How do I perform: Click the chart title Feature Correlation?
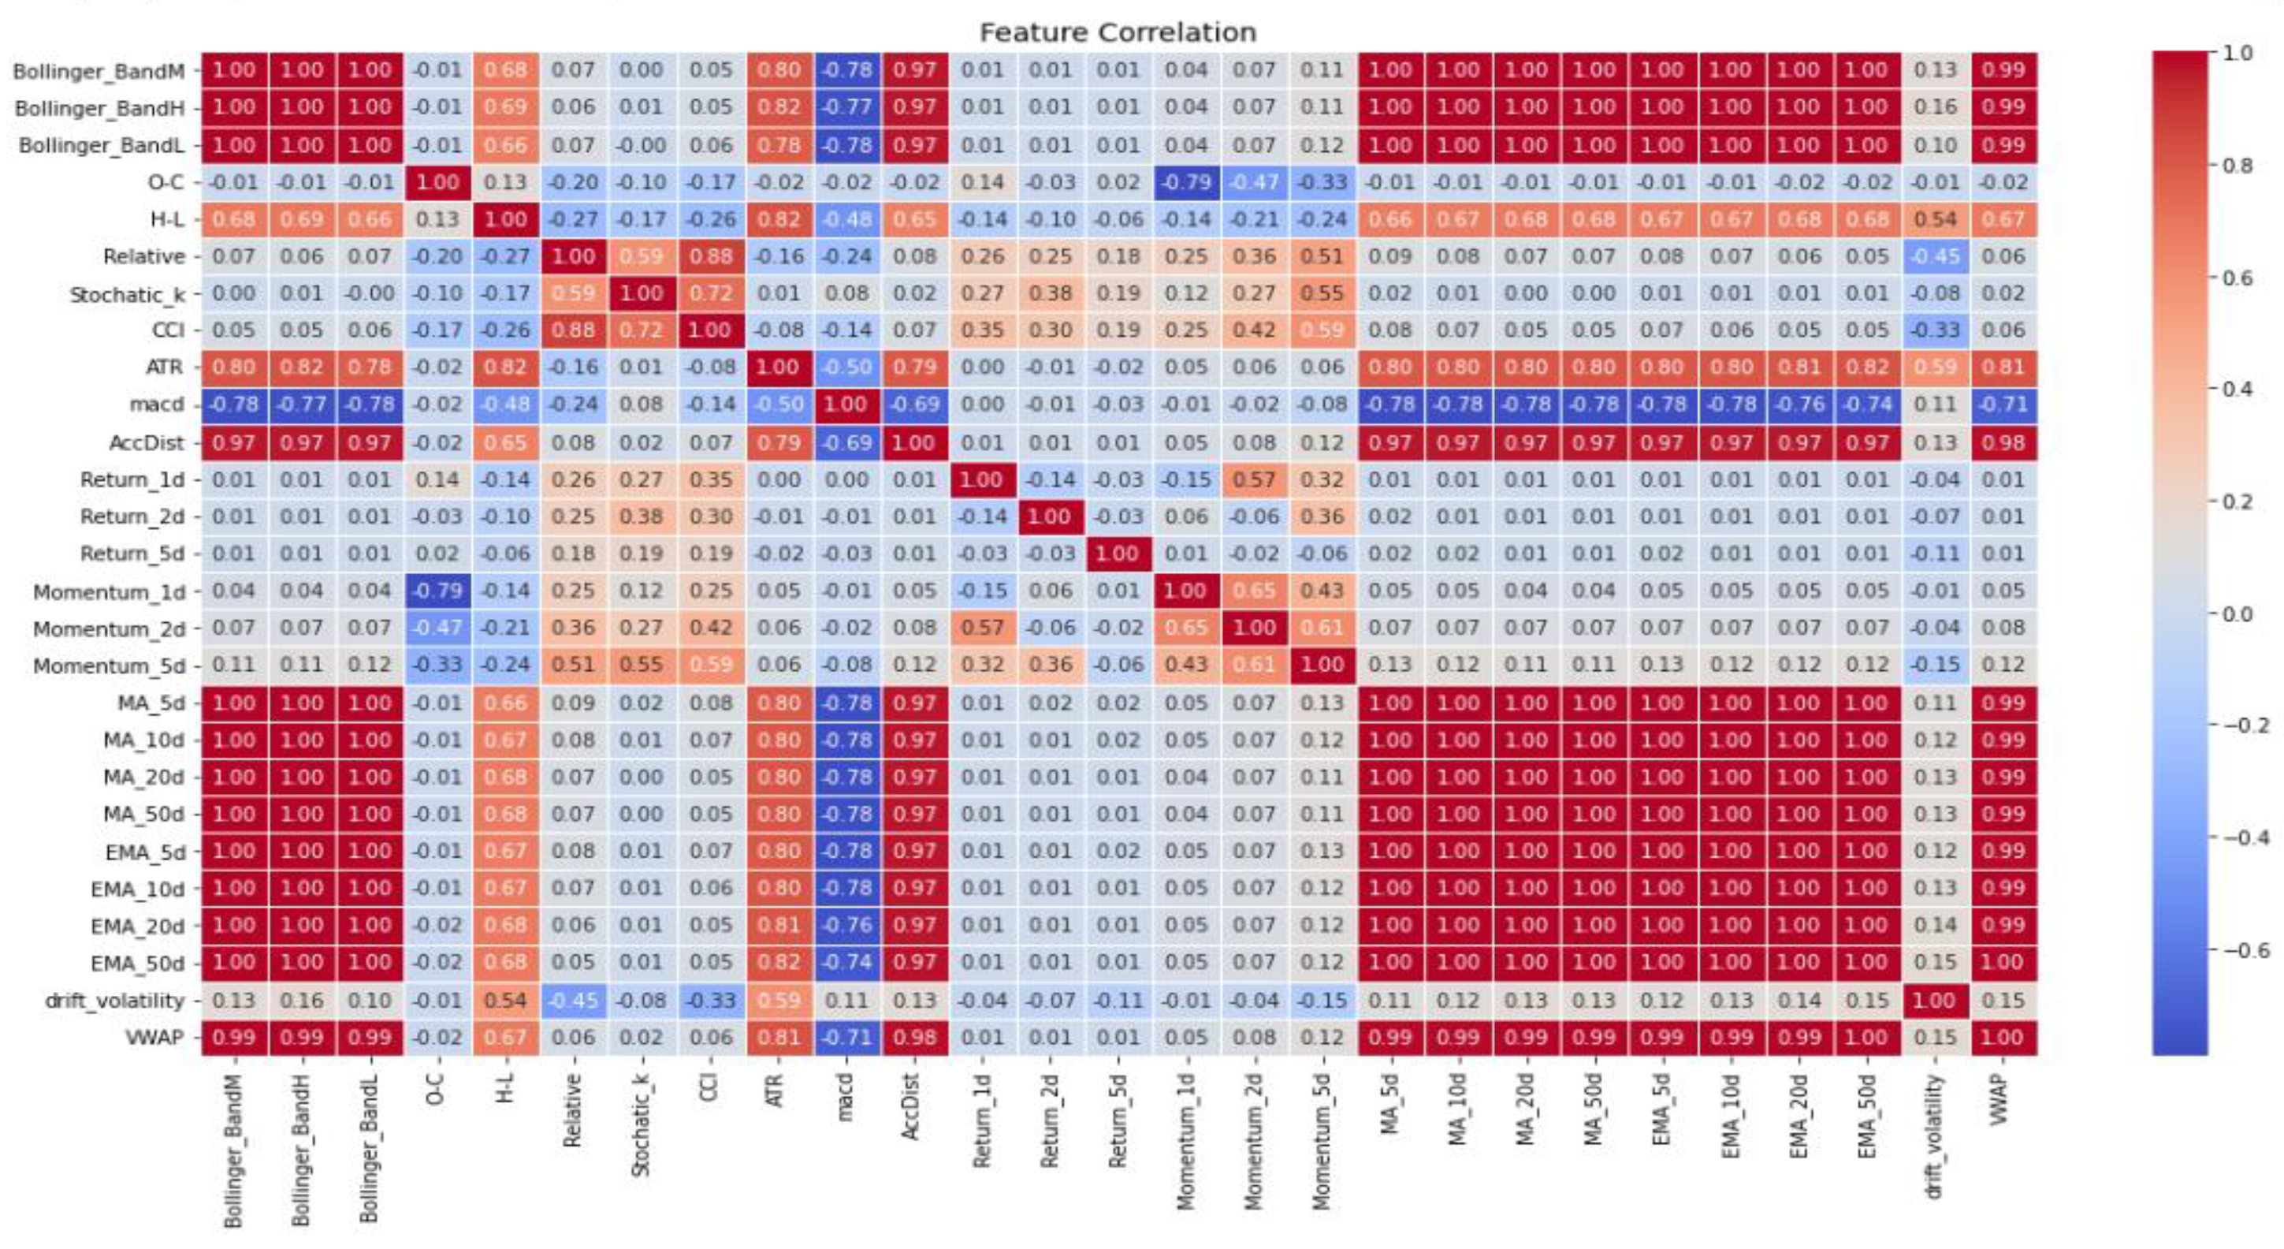(1118, 33)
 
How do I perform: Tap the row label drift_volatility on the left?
(114, 1001)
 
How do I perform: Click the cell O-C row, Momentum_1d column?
(1186, 183)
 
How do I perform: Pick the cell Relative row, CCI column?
(710, 256)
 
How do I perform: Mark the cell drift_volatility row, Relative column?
(574, 1001)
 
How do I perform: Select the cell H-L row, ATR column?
(779, 219)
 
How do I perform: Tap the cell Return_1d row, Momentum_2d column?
(1254, 480)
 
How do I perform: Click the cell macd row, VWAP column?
(2002, 405)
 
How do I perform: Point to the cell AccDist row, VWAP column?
(2002, 442)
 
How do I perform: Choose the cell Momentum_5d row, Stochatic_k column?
(642, 666)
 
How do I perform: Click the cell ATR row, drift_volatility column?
(1934, 367)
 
